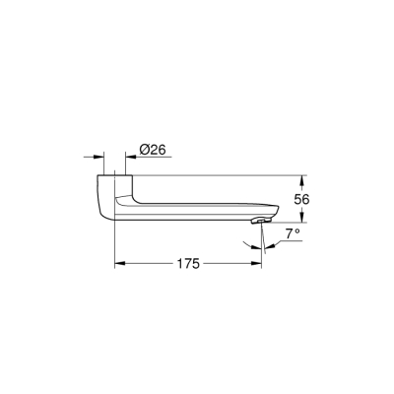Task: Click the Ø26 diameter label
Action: coord(152,149)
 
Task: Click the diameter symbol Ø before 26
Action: coord(144,149)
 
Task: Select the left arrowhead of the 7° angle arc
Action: coord(267,245)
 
